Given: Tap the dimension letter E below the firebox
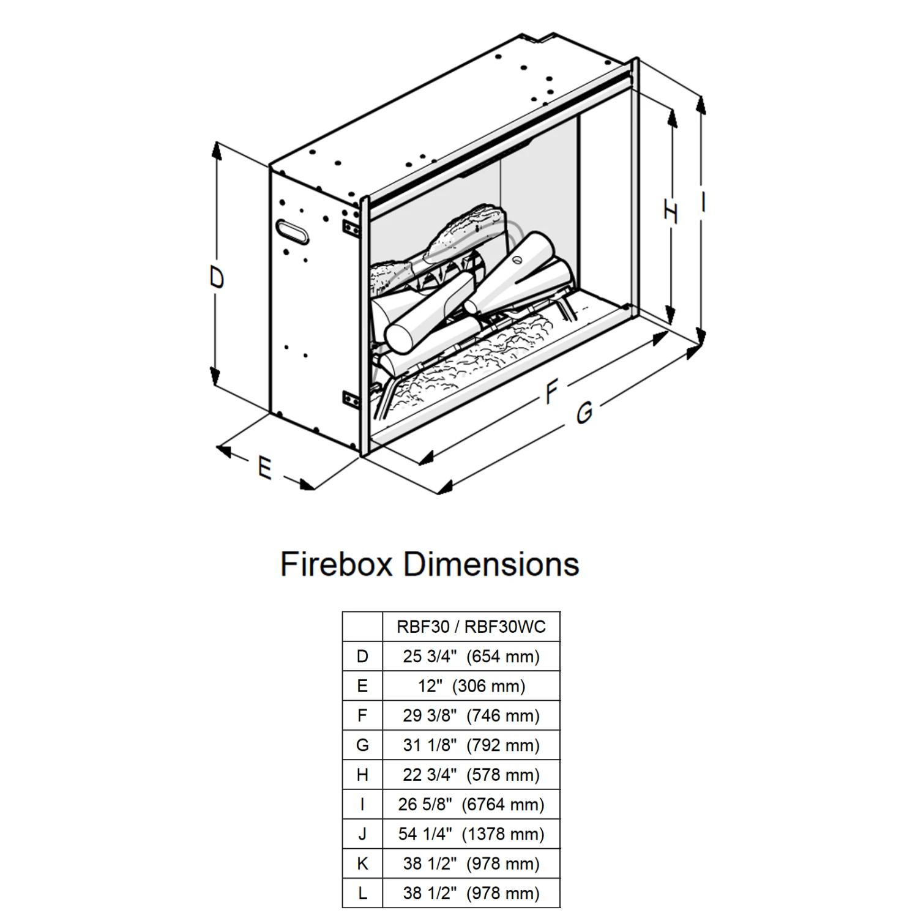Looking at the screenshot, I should (x=264, y=468).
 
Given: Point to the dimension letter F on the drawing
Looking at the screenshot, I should (x=552, y=392).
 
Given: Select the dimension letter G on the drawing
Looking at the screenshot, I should (x=584, y=412).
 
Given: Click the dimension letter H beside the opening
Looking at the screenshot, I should (x=671, y=212).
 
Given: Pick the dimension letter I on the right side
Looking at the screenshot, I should (x=704, y=201).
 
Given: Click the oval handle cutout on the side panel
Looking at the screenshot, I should (x=293, y=231).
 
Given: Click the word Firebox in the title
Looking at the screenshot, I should (x=335, y=564).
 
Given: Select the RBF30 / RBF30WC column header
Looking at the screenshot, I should (x=471, y=627).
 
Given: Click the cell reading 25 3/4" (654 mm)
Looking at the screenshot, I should (x=471, y=656).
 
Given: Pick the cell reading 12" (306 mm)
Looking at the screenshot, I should (x=471, y=686).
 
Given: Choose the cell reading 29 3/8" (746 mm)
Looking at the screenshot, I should (x=471, y=715).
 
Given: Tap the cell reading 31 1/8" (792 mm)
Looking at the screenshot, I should (x=471, y=745).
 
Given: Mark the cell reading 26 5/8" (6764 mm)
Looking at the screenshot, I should (x=471, y=804).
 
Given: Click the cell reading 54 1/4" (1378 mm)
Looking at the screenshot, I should (x=471, y=834).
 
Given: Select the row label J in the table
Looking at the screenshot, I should (x=362, y=834).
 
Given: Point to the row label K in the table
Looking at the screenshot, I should (x=362, y=864).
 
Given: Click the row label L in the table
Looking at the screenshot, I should (x=362, y=893).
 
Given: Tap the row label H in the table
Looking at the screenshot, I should (x=362, y=775).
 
